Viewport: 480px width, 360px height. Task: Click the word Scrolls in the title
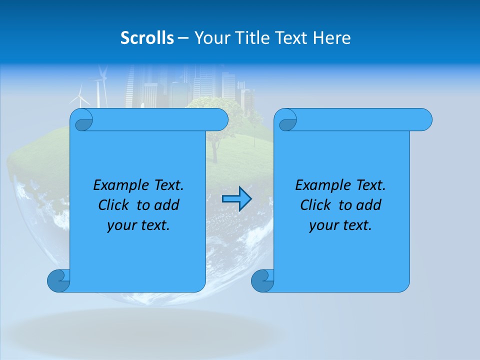pyautogui.click(x=147, y=38)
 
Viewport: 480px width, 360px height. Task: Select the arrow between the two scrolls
pyautogui.click(x=236, y=199)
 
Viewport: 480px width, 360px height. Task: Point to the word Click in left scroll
pyautogui.click(x=114, y=205)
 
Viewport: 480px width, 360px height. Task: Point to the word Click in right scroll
pyautogui.click(x=316, y=205)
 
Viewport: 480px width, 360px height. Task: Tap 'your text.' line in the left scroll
pyautogui.click(x=138, y=225)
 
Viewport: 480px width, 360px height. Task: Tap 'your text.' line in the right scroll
pyautogui.click(x=340, y=225)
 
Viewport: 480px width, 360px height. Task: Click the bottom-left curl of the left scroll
pyautogui.click(x=58, y=281)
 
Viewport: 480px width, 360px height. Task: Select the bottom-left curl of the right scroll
pyautogui.click(x=262, y=281)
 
